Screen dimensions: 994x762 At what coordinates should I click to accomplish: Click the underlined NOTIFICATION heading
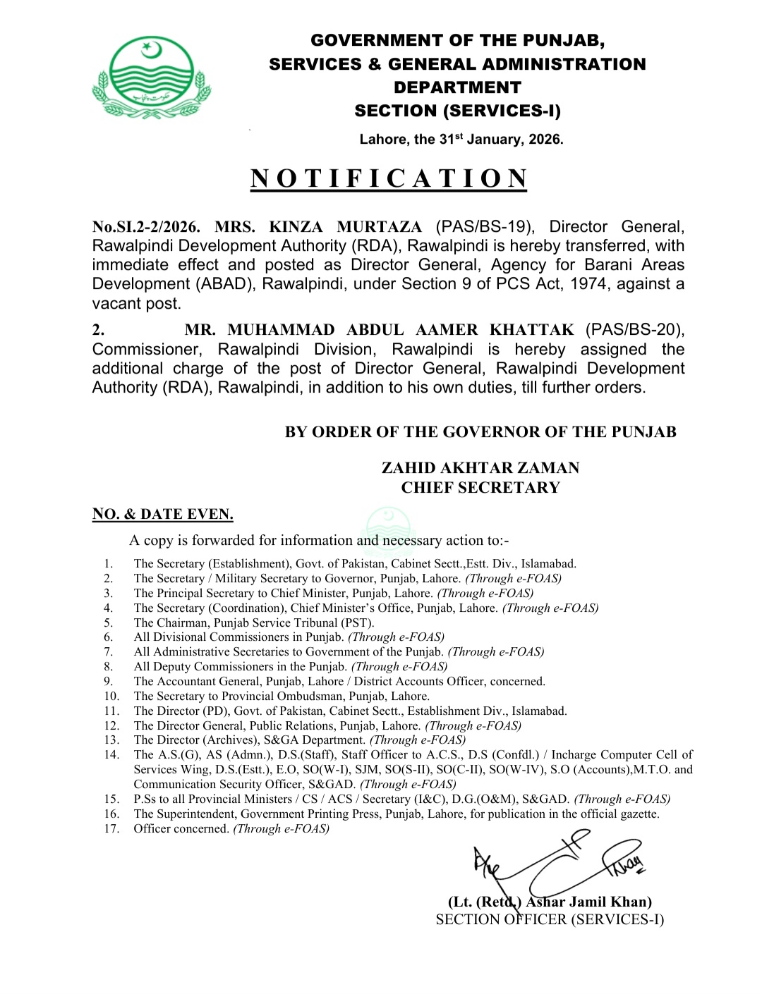pos(389,178)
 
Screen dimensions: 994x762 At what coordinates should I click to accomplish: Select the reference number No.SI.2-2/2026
pos(146,227)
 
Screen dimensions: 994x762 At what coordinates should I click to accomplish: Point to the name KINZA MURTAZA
pos(346,227)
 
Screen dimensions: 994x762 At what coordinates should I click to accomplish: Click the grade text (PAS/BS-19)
pos(485,227)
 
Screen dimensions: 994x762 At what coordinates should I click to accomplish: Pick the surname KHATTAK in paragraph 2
pos(532,330)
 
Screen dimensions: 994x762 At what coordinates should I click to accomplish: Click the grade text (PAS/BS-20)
pos(635,330)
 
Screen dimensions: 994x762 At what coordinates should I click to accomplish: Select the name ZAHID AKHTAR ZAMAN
pos(480,468)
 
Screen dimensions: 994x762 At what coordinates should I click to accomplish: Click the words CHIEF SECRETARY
pos(480,488)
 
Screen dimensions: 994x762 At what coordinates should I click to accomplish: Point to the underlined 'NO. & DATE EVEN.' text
pos(162,514)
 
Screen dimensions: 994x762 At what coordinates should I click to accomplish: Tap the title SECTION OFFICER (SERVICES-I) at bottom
pos(550,919)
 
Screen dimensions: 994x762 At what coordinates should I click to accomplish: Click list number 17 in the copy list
pos(111,829)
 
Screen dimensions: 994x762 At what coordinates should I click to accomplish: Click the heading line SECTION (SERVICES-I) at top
pos(457,111)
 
